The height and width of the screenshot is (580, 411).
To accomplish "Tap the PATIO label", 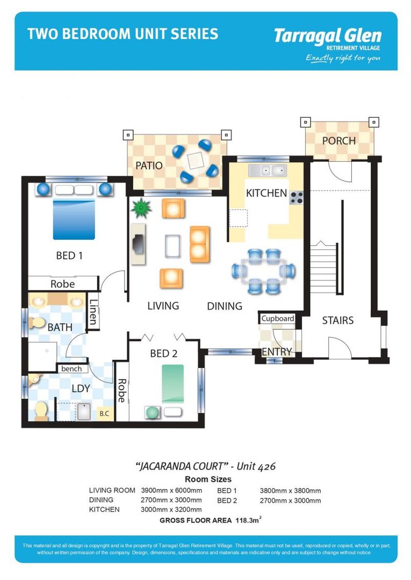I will (149, 165).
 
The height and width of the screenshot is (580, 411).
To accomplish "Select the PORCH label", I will (338, 141).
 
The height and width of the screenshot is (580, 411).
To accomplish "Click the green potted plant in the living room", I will (141, 208).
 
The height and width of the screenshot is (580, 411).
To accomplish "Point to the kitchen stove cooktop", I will (297, 198).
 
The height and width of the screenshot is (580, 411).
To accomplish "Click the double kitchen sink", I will (266, 171).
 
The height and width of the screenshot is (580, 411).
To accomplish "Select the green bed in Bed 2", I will (172, 383).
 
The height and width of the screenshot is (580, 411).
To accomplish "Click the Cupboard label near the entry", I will (278, 318).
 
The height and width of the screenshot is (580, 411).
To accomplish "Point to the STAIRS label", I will (337, 321).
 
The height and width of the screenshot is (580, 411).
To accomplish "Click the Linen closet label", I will (93, 312).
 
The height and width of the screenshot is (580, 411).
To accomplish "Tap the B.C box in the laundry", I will (103, 414).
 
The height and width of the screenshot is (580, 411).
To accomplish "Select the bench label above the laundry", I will (71, 368).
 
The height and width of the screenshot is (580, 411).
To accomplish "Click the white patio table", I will (192, 160).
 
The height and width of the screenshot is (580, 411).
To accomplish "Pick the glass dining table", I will (263, 271).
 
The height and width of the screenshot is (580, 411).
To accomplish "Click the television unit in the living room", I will (138, 244).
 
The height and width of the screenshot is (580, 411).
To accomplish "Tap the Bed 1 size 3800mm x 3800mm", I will (290, 490).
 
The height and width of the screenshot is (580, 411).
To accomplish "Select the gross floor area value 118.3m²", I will (248, 520).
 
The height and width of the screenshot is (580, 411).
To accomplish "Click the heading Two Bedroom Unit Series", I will (122, 34).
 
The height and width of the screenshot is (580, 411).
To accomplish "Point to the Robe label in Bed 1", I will (62, 284).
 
